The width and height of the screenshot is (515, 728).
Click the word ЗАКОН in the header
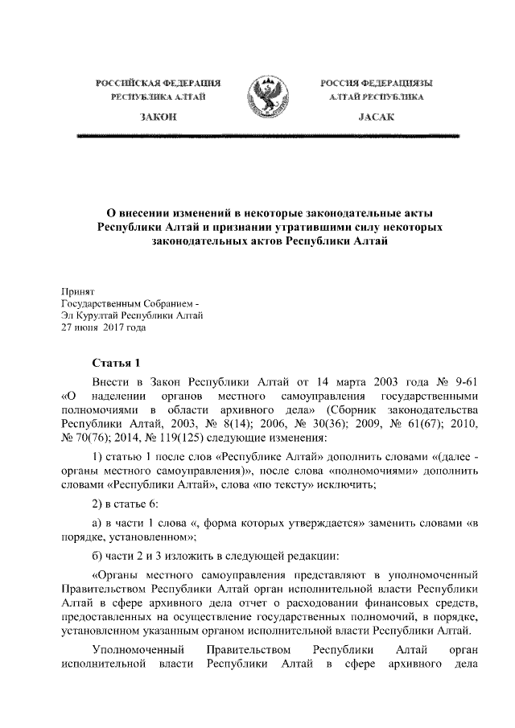159,117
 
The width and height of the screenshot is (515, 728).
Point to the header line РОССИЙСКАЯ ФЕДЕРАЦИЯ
159,84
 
